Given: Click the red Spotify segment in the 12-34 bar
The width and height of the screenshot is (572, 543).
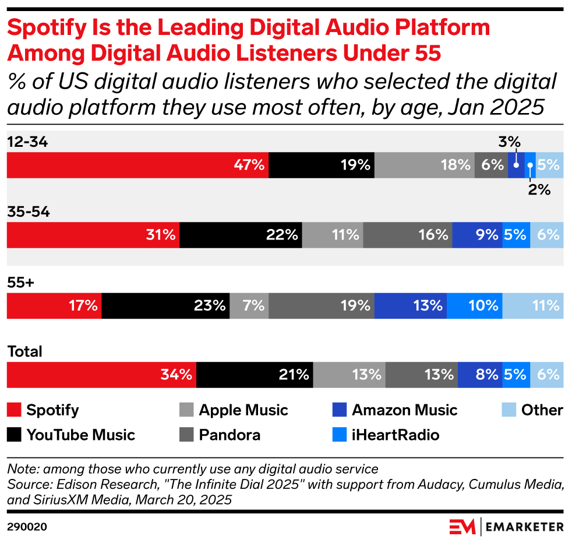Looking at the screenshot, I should tap(137, 165).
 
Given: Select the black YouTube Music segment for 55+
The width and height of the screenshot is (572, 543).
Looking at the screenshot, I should tap(165, 305).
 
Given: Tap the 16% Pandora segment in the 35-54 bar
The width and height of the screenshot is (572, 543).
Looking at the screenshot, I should tap(407, 235).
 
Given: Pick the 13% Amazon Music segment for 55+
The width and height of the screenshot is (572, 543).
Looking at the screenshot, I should tap(410, 305).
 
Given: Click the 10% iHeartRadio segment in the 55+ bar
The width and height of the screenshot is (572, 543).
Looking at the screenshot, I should tap(474, 305).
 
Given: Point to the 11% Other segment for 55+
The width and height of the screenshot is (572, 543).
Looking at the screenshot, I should tap(532, 305).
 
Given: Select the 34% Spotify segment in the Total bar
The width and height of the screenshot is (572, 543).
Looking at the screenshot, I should tap(101, 375).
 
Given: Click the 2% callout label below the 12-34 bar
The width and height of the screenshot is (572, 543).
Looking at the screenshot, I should tap(540, 189).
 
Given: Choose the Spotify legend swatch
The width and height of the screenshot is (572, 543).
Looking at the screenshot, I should tap(14, 410).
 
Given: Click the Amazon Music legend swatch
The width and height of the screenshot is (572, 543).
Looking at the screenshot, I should tap(340, 410).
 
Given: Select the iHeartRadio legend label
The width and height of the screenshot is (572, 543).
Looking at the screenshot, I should tap(396, 435).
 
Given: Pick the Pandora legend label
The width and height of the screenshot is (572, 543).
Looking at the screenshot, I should tap(229, 435).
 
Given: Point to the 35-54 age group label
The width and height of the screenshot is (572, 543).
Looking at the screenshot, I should tap(29, 212).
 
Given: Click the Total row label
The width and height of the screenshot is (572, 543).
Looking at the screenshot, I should tap(24, 352).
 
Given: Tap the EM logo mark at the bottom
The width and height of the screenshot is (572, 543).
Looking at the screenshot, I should tap(462, 526).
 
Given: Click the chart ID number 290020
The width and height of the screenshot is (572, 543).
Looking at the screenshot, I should tap(27, 527).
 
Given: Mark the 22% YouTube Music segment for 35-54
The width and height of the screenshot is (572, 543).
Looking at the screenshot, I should tap(241, 235).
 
